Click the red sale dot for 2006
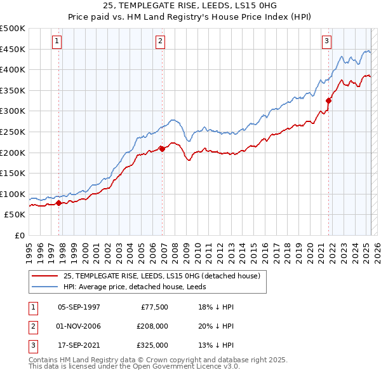click(x=162, y=149)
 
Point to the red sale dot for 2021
click(x=329, y=100)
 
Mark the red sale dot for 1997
click(x=58, y=203)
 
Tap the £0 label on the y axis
click(x=19, y=236)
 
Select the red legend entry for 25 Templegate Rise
click(x=162, y=276)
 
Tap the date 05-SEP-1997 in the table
click(x=79, y=307)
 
